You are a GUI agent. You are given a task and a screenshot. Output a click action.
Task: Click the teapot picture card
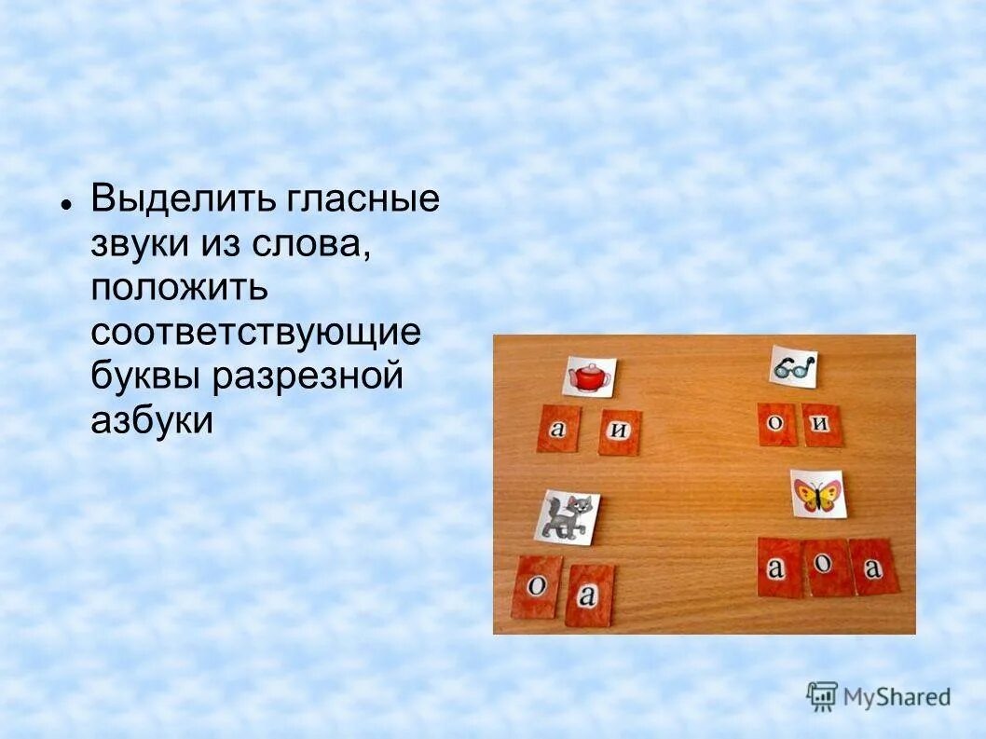tap(589, 376)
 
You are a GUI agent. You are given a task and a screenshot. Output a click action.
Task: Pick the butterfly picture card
tap(817, 493)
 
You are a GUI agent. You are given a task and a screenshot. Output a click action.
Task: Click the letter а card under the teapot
tap(558, 429)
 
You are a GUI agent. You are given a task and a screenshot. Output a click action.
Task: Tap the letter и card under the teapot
tap(619, 431)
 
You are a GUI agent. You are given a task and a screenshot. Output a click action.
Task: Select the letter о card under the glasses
tap(774, 423)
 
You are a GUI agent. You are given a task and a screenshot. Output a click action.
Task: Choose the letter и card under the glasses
tap(820, 425)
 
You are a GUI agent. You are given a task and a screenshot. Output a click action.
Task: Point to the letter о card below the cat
tap(538, 586)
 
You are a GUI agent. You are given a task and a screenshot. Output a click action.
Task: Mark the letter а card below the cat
tap(588, 594)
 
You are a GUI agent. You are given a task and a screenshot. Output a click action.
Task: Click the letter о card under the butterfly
tap(828, 567)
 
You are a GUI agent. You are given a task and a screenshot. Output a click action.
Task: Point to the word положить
tap(179, 288)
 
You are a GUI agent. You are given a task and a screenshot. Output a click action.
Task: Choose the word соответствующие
tap(255, 333)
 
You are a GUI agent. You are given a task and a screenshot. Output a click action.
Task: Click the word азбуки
tap(152, 421)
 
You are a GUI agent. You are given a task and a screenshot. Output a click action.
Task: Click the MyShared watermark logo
tap(879, 696)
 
